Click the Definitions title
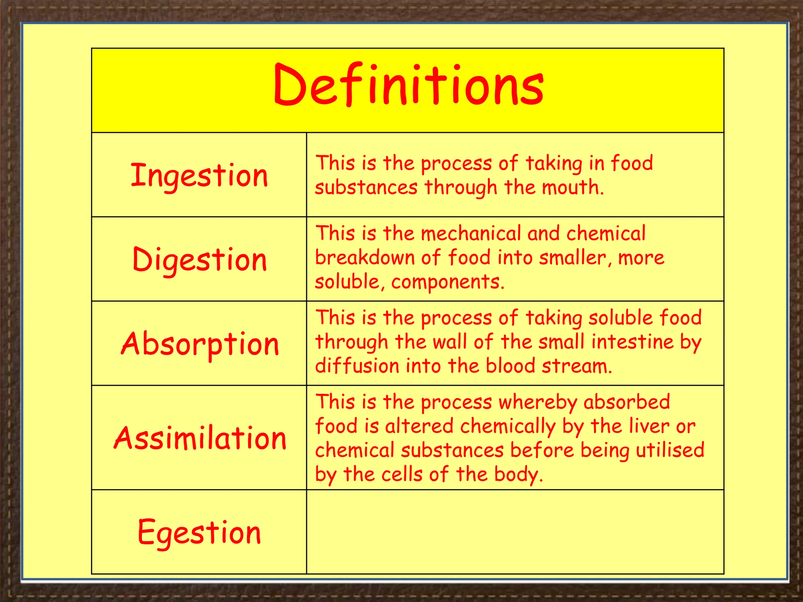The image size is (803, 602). coord(408,85)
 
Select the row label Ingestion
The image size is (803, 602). coord(199,176)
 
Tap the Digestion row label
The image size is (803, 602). coord(200,260)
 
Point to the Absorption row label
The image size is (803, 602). coord(200,344)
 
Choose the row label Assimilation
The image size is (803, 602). coord(200,438)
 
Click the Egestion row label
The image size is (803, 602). coord(199,532)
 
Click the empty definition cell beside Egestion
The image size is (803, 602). coord(515,532)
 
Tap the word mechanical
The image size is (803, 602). coord(471,234)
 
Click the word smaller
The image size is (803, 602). coord(572,258)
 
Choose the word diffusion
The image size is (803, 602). coord(357,366)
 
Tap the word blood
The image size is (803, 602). coord(511,366)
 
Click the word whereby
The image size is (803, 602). coord(538,403)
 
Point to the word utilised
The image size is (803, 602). coord(670,450)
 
